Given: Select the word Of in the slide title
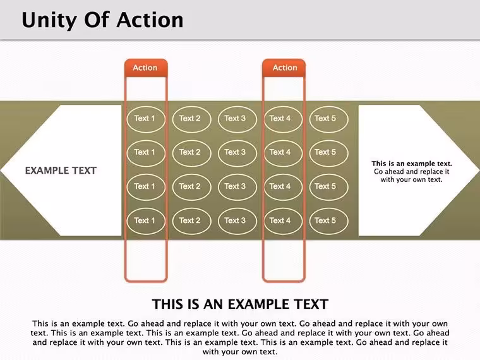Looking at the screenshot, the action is point(97,20).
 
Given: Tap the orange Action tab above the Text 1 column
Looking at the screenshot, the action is point(146,68).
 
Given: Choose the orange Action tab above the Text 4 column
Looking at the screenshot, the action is point(284,68).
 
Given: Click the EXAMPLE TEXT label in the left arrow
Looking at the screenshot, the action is point(61,171).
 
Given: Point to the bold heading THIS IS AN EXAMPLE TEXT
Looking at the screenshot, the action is point(240,304).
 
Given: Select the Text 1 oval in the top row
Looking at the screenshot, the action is point(146,119).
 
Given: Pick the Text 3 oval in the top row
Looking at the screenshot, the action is point(237,119).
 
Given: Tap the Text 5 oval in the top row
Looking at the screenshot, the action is point(328,119).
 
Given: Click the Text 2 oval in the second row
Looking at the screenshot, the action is point(191,153).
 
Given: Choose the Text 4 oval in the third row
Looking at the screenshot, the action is point(283,187).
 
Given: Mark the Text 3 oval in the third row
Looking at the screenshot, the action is point(237,187).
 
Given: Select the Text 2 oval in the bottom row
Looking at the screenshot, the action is point(191,221).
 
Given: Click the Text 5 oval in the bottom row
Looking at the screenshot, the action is point(328,221).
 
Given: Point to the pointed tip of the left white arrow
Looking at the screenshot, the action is point(1,171).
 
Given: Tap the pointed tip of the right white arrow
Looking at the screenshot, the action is point(479,169).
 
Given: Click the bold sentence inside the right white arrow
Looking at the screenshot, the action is point(412,164).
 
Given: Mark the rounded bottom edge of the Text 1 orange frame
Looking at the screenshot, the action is point(146,280).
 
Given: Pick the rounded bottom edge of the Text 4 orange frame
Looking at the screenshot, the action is point(284,280).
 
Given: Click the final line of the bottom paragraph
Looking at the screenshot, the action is point(240,352).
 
